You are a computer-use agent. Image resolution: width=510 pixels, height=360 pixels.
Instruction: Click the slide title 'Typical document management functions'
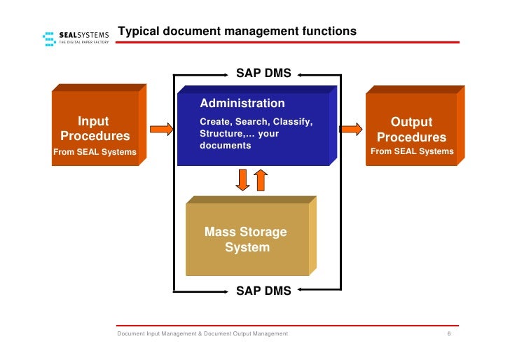click(x=237, y=32)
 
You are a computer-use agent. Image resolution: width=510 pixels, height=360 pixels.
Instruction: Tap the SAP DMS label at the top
click(x=263, y=74)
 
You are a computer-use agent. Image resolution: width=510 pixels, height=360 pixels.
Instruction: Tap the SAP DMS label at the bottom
click(x=263, y=291)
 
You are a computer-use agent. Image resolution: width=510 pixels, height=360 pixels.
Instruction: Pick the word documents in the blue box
click(x=225, y=146)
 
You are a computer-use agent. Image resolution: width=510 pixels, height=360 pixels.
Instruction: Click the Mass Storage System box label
click(x=246, y=240)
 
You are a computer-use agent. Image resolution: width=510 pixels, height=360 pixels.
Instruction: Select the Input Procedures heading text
click(x=95, y=129)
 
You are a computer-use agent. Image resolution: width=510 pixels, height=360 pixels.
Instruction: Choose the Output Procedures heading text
click(x=411, y=130)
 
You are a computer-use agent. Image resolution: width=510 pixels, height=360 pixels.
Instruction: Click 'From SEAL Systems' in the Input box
click(x=95, y=152)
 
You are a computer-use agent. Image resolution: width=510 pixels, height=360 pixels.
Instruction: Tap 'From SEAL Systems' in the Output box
click(x=412, y=151)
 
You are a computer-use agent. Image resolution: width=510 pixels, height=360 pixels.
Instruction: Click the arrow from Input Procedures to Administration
click(x=161, y=129)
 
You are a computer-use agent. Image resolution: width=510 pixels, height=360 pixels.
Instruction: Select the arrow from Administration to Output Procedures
click(x=350, y=129)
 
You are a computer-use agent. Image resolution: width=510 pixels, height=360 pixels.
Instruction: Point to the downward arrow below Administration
click(x=242, y=179)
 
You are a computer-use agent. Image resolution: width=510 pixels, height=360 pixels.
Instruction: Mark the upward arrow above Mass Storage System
click(x=260, y=179)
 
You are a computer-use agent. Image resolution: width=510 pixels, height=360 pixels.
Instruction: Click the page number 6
click(x=448, y=334)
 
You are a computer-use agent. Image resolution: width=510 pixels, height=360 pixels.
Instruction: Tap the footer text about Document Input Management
click(x=202, y=334)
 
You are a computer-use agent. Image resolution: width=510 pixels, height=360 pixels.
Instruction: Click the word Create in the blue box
click(x=214, y=122)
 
